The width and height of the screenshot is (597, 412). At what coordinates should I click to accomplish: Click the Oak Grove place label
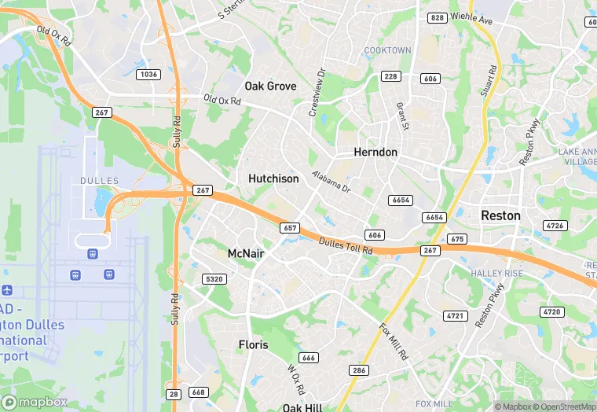[x=270, y=86]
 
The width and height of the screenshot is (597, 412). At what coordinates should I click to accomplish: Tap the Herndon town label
[x=375, y=152]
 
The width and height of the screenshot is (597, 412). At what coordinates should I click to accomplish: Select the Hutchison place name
[x=273, y=178]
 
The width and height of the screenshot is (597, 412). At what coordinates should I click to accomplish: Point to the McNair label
[x=246, y=253]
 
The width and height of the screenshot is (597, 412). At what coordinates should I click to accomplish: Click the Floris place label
[x=253, y=344]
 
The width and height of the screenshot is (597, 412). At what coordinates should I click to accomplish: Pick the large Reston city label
[x=500, y=215]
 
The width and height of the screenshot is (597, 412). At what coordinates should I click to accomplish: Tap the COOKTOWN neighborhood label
[x=387, y=50]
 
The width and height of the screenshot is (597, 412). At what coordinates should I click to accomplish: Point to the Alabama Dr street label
[x=331, y=182]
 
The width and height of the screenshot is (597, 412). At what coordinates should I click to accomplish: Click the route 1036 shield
[x=147, y=74]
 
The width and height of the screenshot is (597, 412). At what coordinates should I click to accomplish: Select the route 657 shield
[x=289, y=227]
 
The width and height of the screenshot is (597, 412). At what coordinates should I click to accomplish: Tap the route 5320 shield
[x=213, y=279]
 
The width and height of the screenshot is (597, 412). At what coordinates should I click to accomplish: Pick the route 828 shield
[x=437, y=17]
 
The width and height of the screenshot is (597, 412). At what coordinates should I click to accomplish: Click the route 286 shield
[x=359, y=370]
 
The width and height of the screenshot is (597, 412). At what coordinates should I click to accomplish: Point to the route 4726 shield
[x=555, y=226]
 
